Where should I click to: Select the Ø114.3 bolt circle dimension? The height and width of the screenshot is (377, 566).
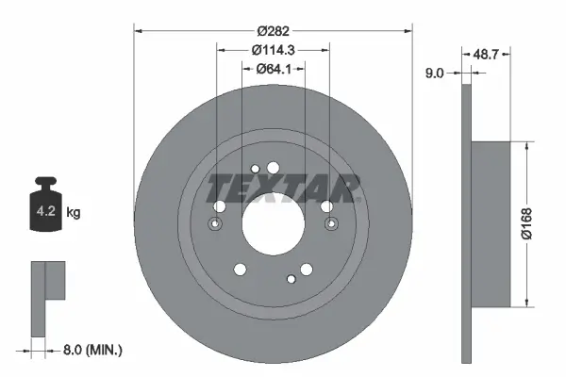pos(274,50)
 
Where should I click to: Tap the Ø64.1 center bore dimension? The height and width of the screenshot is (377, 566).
pos(274,69)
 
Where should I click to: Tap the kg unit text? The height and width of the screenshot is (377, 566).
pos(75,213)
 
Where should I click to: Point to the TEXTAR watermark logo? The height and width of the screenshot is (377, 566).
pos(283,188)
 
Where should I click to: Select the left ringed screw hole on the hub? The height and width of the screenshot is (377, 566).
pos(216,224)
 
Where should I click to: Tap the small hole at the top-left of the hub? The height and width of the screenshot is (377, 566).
pos(257,171)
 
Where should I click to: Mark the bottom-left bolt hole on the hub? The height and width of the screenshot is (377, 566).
pos(239,270)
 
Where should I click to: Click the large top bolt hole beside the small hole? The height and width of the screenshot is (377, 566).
pos(274,168)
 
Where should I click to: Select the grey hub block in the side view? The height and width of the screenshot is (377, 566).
pos(491,224)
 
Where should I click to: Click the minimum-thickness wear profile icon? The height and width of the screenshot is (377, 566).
pos(47,297)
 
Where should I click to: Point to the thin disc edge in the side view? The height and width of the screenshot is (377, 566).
pos(465,224)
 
